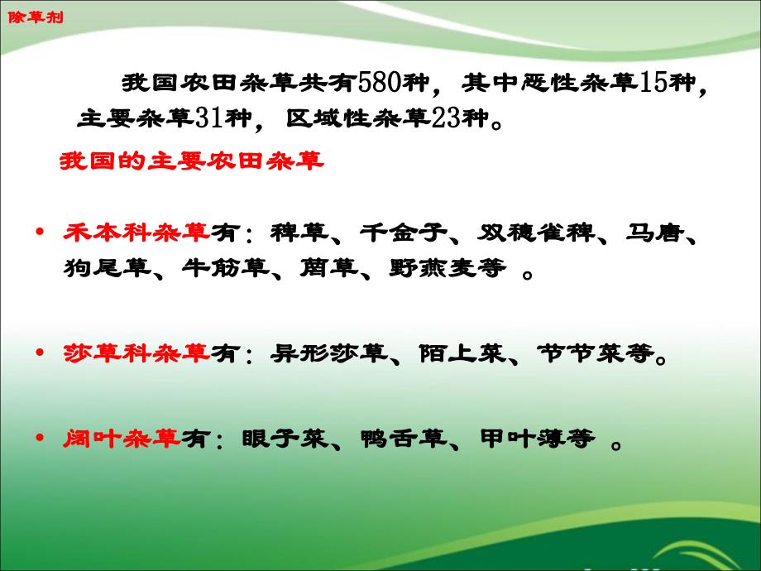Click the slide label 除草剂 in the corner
pos(36,17)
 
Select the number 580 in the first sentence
pos(380,83)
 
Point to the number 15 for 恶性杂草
pos(653,83)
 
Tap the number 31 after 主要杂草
pos(209,118)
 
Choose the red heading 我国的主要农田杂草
pos(191,161)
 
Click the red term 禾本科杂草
pos(136,233)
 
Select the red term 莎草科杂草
pos(136,353)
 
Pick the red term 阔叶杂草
pos(122,439)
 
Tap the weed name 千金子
pos(404,233)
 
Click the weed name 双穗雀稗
pos(536,233)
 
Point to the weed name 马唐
pos(655,233)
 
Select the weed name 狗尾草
pos(108,267)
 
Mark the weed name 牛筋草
pos(226,267)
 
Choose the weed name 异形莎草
pos(329,353)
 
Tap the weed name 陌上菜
pos(462,353)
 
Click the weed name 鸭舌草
pos(404,439)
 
